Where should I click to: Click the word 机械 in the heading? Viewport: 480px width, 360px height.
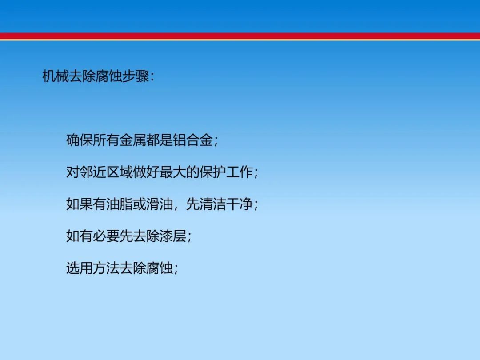coord(56,76)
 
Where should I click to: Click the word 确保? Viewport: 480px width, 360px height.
coord(79,140)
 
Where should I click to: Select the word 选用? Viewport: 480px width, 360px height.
coord(79,268)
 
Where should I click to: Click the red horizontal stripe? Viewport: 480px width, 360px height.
coord(240,36)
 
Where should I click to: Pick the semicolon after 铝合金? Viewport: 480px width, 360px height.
coord(216,141)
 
